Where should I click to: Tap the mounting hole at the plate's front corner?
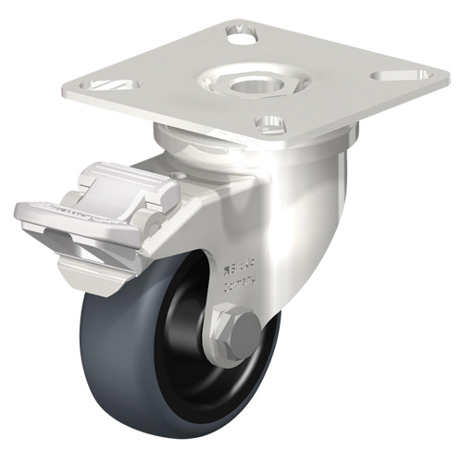coord(270,124)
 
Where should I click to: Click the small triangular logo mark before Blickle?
coord(229,272)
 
